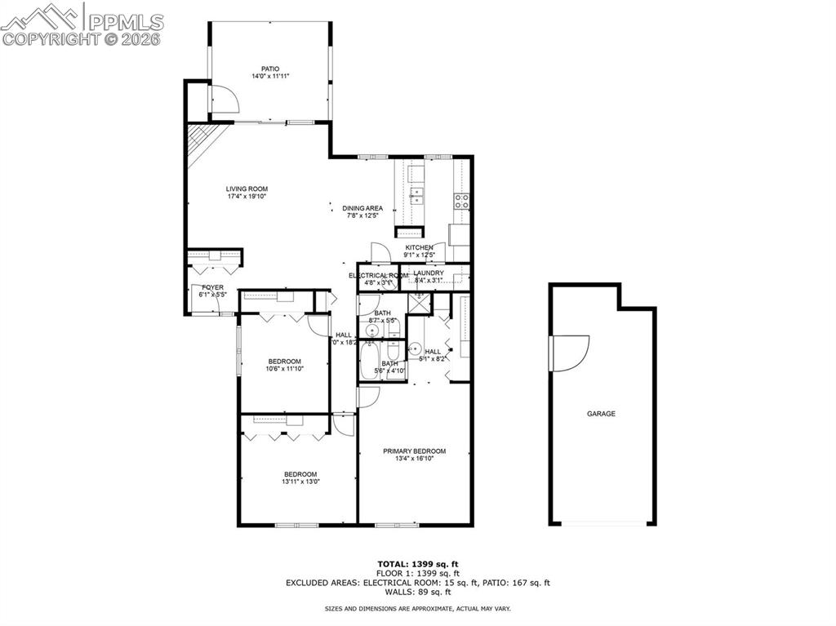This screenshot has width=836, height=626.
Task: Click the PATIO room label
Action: [269, 69]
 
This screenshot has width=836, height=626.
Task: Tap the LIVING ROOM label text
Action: [247, 189]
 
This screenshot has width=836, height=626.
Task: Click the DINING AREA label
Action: [362, 208]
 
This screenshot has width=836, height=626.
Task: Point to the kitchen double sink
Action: [416, 195]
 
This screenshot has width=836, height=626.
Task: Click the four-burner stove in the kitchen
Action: [461, 201]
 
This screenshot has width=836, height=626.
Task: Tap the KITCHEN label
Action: [419, 247]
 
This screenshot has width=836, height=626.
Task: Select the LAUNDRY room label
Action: [428, 273]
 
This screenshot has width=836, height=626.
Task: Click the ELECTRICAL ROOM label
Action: [378, 276]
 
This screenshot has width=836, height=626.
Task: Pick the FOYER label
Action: [212, 287]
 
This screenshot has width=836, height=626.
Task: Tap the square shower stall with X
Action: [419, 304]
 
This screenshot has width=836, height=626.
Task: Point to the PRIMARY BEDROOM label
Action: [415, 451]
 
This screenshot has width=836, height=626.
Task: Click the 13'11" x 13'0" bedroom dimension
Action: [300, 482]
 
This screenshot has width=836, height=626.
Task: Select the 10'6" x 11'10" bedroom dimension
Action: [284, 369]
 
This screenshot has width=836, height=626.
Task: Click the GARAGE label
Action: [601, 414]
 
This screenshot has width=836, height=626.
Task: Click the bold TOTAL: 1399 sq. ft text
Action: [417, 564]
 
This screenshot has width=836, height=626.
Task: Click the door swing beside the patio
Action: [224, 100]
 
